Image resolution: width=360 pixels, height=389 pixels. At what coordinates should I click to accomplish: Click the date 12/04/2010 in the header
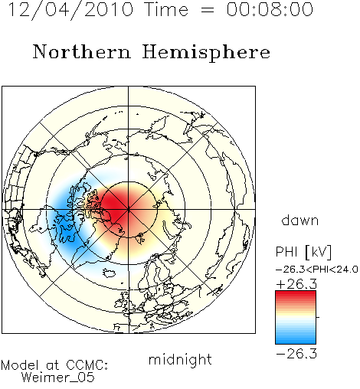pyautogui.click(x=70, y=10)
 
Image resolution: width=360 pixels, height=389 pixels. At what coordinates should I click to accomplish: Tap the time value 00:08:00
pyautogui.click(x=270, y=9)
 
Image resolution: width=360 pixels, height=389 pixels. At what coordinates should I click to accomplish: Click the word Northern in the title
pyautogui.click(x=82, y=51)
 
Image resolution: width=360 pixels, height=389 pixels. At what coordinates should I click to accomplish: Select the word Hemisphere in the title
pyautogui.click(x=206, y=53)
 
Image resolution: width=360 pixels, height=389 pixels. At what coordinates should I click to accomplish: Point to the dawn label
pyautogui.click(x=300, y=220)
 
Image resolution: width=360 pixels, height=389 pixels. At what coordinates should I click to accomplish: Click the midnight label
pyautogui.click(x=180, y=360)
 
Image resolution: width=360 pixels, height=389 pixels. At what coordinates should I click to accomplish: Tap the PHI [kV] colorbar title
pyautogui.click(x=304, y=252)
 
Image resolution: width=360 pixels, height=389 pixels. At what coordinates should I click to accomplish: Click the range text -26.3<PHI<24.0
pyautogui.click(x=317, y=270)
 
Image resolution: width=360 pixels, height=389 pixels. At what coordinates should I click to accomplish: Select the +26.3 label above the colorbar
pyautogui.click(x=296, y=284)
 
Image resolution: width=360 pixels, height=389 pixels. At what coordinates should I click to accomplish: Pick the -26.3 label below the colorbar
pyautogui.click(x=296, y=354)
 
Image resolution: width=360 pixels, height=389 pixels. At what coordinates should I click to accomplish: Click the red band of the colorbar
pyautogui.click(x=296, y=296)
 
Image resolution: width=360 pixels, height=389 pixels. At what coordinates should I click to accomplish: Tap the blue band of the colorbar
pyautogui.click(x=296, y=338)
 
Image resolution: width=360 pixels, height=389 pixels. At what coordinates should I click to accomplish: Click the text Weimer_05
pyautogui.click(x=58, y=377)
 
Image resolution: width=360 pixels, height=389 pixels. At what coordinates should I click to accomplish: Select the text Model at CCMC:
pyautogui.click(x=54, y=365)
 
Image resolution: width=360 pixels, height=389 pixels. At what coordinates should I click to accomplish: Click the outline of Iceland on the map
pyautogui.click(x=110, y=273)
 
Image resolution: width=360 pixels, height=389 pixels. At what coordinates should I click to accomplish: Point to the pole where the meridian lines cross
pyautogui.click(x=129, y=209)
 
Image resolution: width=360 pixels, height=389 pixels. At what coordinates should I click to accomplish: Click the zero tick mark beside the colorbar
pyautogui.click(x=318, y=317)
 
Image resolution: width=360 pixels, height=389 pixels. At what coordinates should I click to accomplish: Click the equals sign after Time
pyautogui.click(x=208, y=10)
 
